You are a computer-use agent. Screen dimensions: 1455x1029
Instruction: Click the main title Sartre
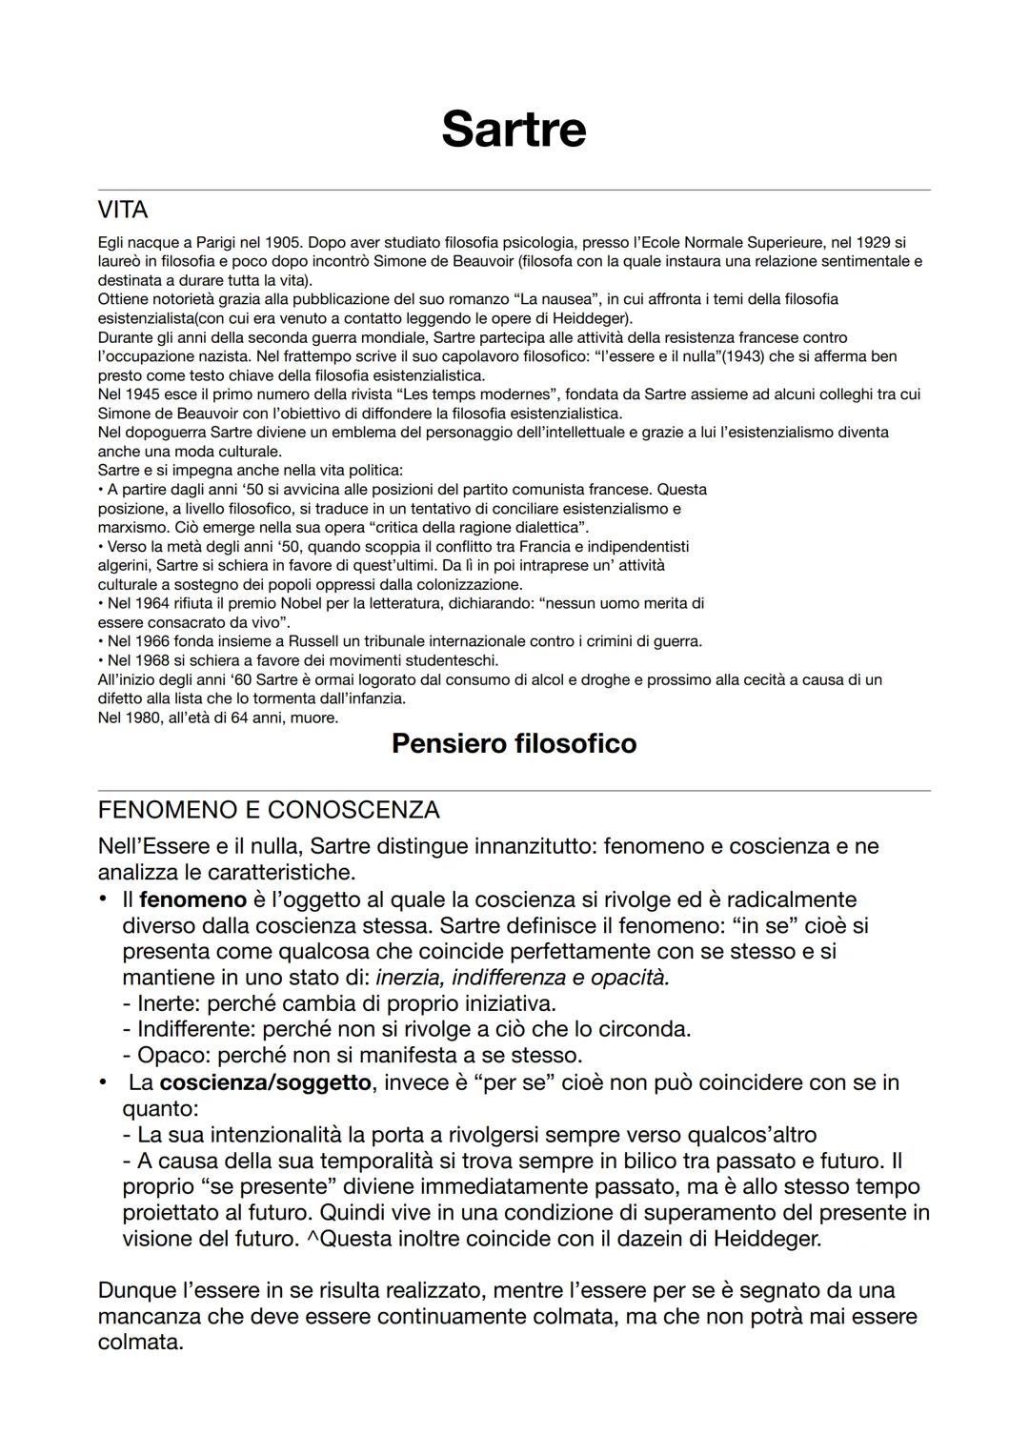(514, 130)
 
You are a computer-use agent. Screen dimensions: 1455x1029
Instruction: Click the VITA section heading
(123, 209)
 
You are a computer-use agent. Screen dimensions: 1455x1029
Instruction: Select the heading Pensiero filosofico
(514, 743)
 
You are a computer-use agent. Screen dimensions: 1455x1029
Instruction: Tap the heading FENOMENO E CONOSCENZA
(269, 810)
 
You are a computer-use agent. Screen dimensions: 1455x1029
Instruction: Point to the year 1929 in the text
(873, 242)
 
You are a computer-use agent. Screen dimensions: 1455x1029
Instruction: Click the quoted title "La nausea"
(561, 299)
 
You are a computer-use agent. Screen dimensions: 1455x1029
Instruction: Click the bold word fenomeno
(192, 899)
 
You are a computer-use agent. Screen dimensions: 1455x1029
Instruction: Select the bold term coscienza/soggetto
(265, 1082)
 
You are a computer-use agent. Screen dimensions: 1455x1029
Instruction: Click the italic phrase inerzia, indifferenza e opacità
(522, 978)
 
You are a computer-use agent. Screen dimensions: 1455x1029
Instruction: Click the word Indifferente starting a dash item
(194, 1029)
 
